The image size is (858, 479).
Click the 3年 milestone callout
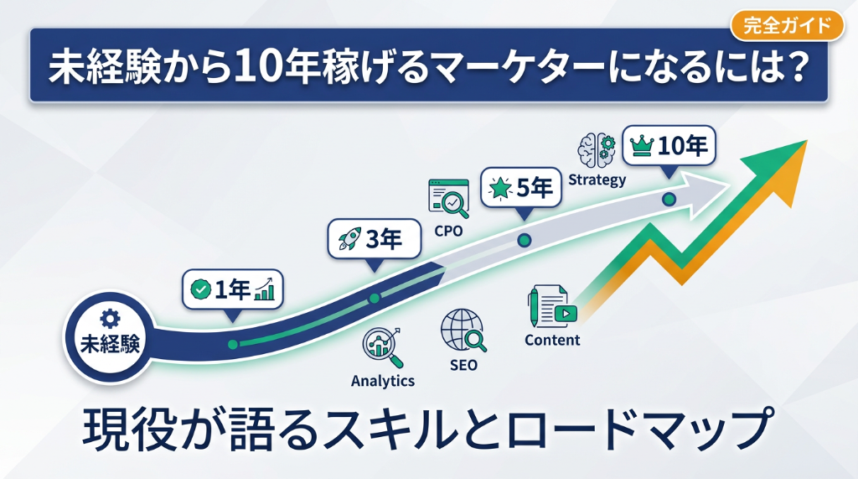point(373,240)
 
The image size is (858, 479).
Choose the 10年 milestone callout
point(669,146)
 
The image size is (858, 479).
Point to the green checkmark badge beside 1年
point(200,290)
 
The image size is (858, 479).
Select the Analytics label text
point(383,381)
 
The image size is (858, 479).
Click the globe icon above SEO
point(463,330)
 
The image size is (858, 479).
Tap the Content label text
point(552,340)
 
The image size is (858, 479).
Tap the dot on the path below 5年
point(525,240)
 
